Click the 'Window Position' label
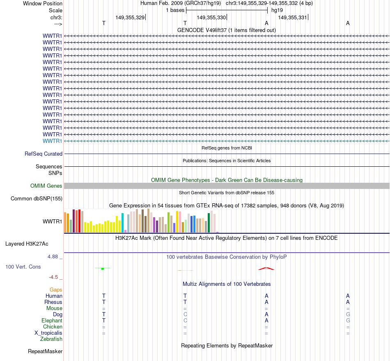tap(43, 3)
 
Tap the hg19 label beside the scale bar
tap(277, 10)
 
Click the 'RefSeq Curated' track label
tap(44, 154)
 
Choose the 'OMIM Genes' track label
tap(46, 186)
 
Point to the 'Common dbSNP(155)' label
tap(36, 199)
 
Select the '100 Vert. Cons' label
tap(23, 267)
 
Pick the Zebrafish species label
tap(51, 339)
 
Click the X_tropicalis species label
tap(48, 333)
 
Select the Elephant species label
tap(52, 320)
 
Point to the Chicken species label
tap(53, 327)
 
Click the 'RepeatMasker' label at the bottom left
tap(45, 351)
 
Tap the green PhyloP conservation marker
tap(103, 268)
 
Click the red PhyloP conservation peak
tap(266, 269)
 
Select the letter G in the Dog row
tap(348, 314)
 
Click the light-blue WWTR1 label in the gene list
tap(52, 141)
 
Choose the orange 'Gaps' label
tap(56, 290)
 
